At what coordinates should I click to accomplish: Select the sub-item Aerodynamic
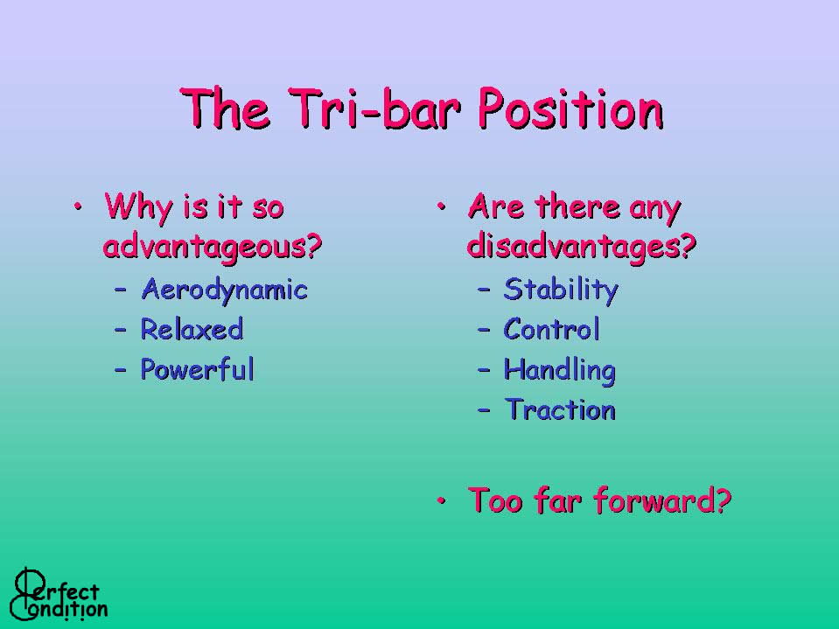coord(225,290)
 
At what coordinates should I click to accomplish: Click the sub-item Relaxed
coord(192,329)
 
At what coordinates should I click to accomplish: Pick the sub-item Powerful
coord(198,369)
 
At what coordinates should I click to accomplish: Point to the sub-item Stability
coord(561,290)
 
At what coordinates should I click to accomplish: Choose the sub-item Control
coord(552,329)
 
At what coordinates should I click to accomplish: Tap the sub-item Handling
coord(560,371)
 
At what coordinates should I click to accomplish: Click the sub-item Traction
coord(560,409)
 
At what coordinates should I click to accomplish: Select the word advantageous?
coord(213,247)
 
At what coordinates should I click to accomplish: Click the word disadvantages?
coord(582,246)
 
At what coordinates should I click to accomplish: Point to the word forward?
coord(662,500)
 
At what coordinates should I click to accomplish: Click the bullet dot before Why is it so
coord(78,206)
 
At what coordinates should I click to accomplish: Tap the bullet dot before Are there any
coord(442,206)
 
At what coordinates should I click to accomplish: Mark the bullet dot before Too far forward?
coord(442,500)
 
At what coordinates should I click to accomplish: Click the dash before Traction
coord(485,411)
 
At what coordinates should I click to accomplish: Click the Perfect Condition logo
coord(59,594)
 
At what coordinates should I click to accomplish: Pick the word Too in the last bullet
coord(495,500)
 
